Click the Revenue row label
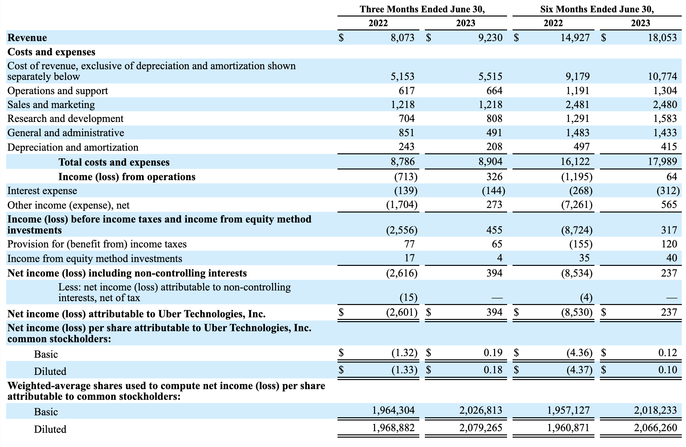pos(27,38)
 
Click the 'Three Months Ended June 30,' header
pos(422,9)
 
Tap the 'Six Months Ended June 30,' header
pos(597,9)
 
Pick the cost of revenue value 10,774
pos(662,77)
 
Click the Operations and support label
pos(58,91)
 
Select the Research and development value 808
pos(494,119)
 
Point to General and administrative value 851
pos(406,133)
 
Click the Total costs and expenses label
pos(114,162)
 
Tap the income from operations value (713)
pos(406,177)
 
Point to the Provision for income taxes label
pos(97,244)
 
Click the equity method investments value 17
pos(409,258)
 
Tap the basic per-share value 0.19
pos(493,352)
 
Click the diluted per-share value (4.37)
pos(579,369)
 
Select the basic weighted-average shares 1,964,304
pos(393,410)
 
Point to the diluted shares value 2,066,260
pos(655,428)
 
